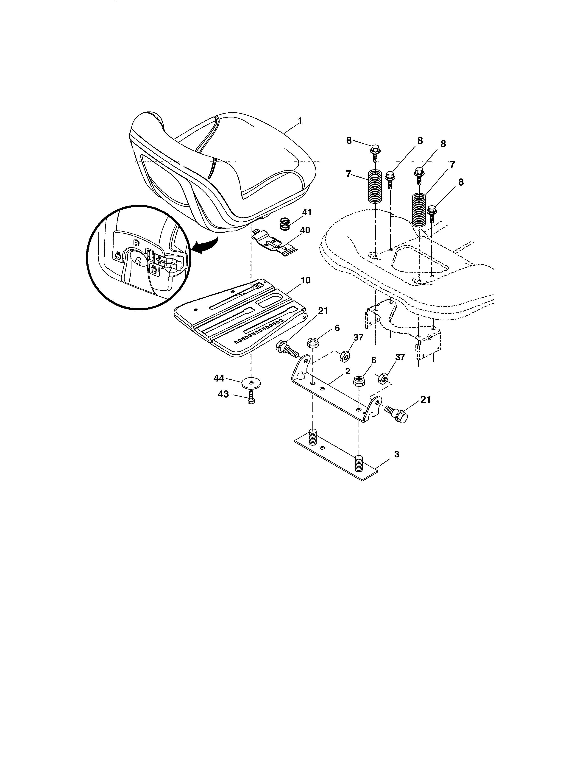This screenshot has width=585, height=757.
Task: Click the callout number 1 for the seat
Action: click(300, 121)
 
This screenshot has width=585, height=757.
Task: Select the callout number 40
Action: click(305, 230)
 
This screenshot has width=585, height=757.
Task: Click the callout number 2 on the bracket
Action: click(348, 371)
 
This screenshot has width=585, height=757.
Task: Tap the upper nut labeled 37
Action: click(345, 356)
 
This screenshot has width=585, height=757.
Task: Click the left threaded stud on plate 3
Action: click(313, 437)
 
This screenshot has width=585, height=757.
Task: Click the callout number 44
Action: click(219, 378)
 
